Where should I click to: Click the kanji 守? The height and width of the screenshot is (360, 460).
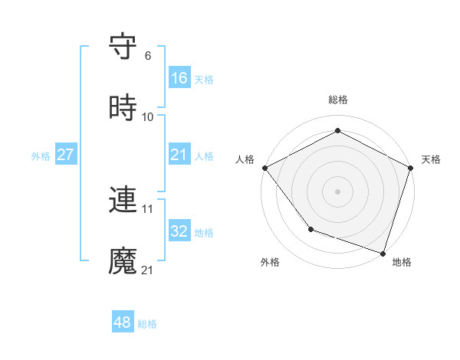(123, 47)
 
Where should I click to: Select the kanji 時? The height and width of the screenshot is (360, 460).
(123, 108)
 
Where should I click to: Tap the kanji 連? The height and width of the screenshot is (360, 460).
(123, 201)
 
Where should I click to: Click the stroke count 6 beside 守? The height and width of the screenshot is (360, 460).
(148, 56)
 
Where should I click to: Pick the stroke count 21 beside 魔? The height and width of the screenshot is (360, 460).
(148, 270)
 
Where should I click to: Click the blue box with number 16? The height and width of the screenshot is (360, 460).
(179, 78)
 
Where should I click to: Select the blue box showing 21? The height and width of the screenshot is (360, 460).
(179, 155)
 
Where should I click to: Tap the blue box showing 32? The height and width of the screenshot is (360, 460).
(179, 231)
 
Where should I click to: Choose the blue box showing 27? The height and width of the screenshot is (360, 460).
(65, 155)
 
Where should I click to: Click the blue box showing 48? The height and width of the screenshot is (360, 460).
(123, 322)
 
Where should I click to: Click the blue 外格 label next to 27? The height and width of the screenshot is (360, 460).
(41, 155)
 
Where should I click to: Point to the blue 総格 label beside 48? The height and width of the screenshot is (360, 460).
(147, 324)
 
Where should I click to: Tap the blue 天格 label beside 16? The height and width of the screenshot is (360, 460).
(204, 79)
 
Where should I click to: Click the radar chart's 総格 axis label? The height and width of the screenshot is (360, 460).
(338, 100)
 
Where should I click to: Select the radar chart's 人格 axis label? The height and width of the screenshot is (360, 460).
(245, 159)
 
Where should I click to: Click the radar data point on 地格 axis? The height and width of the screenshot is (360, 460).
(383, 252)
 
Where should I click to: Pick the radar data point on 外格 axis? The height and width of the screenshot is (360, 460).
(310, 228)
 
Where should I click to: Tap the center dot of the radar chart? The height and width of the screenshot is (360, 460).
(338, 191)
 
